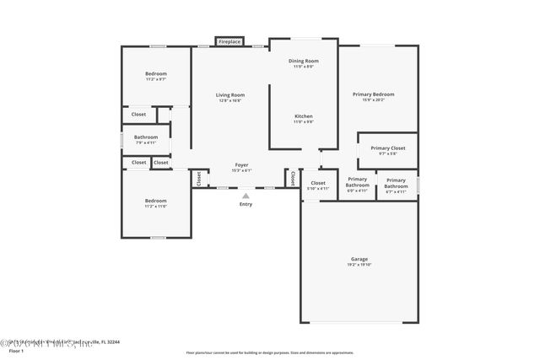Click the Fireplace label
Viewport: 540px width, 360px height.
(x=229, y=41)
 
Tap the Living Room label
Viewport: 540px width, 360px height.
(x=230, y=94)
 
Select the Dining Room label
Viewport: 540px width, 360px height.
(x=304, y=61)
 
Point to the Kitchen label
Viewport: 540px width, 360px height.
(x=304, y=116)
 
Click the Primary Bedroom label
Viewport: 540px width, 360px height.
(x=373, y=94)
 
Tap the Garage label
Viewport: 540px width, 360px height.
(x=359, y=259)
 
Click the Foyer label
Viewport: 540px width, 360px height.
(x=241, y=165)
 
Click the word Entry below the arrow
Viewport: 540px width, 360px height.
(x=246, y=204)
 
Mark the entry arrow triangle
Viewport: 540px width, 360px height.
(x=246, y=196)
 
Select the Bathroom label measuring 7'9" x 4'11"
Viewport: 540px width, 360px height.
(x=146, y=137)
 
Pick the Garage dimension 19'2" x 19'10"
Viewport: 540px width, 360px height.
(x=359, y=265)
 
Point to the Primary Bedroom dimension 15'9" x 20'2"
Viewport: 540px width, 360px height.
(x=373, y=100)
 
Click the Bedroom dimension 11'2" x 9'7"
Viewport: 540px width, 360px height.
(x=155, y=79)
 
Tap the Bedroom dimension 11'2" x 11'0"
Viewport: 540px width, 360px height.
(x=155, y=207)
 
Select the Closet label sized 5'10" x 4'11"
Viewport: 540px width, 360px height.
(x=318, y=182)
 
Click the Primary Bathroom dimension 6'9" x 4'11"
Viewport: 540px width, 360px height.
(x=357, y=191)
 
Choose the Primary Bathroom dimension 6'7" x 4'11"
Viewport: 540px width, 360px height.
(x=396, y=191)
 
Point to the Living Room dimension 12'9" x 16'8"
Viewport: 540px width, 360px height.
(x=230, y=100)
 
